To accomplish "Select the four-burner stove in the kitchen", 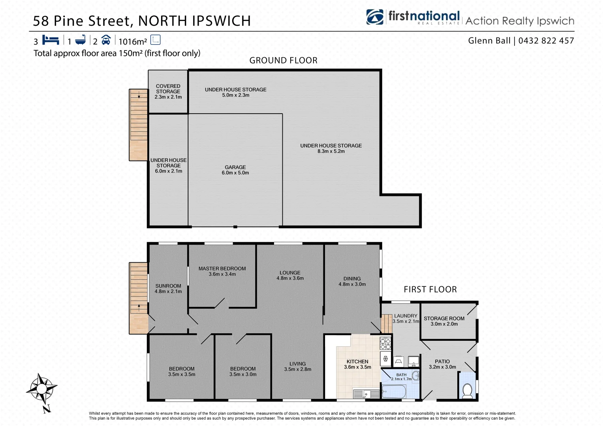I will coord(385,344).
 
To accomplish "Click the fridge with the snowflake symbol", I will coord(385,359).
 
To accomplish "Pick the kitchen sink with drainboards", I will coord(366,394).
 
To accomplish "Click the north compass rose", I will coord(41,390).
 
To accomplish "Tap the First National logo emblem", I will coord(375,17).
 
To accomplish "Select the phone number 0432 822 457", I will coord(546,41).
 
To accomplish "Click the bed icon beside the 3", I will coord(51,40).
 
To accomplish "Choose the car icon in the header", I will coord(106,40).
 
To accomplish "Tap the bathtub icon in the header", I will coord(81,40).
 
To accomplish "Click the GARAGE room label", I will coord(235,167).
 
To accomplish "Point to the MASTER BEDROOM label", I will coord(222,269).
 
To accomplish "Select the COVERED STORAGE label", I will coord(168,89).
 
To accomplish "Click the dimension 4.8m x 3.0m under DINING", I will coord(352,284).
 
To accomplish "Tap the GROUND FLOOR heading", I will coord(283,60).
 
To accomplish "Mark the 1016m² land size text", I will coord(133,41).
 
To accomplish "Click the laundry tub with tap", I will coord(413,361).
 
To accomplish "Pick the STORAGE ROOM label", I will coord(444,318).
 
